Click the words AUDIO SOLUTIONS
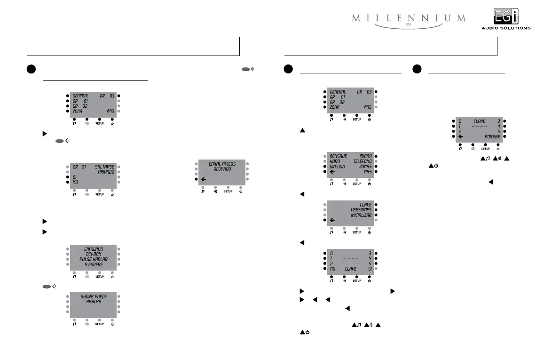pos(505,28)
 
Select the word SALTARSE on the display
pos(104,167)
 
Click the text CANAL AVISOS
pos(222,164)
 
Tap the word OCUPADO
pos(222,169)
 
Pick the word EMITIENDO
pos(94,249)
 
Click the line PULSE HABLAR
pos(94,259)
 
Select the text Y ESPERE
pos(94,264)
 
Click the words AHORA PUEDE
pos(94,297)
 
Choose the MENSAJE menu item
pos(338,156)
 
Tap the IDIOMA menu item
pos(365,156)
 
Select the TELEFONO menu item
pos(362,161)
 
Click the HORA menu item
pos(335,161)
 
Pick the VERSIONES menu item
pos(361,210)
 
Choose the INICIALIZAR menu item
pos(361,215)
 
